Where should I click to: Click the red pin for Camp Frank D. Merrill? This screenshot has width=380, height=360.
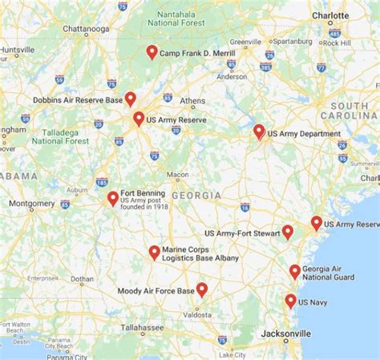pos(152,52)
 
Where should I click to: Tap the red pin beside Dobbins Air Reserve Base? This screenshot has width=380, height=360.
pos(130,99)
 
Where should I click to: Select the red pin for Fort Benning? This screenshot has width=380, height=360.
pos(113,198)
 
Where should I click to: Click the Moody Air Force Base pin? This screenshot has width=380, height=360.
pos(202,289)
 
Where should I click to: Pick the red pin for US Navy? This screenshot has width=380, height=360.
pos(290,301)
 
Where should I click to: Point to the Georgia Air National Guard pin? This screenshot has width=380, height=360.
pos(295,272)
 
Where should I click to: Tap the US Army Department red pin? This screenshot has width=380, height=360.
pos(259,131)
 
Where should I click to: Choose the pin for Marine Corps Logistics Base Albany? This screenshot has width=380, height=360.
pos(154,253)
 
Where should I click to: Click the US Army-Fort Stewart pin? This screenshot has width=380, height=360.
pos(287,233)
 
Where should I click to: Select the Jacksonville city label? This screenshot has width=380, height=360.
pos(285,333)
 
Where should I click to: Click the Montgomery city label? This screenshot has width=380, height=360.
pos(32,204)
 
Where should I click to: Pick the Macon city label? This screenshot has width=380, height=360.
pos(178,174)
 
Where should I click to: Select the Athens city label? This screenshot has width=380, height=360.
pos(192,101)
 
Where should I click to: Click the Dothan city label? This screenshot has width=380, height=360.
pos(82,280)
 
